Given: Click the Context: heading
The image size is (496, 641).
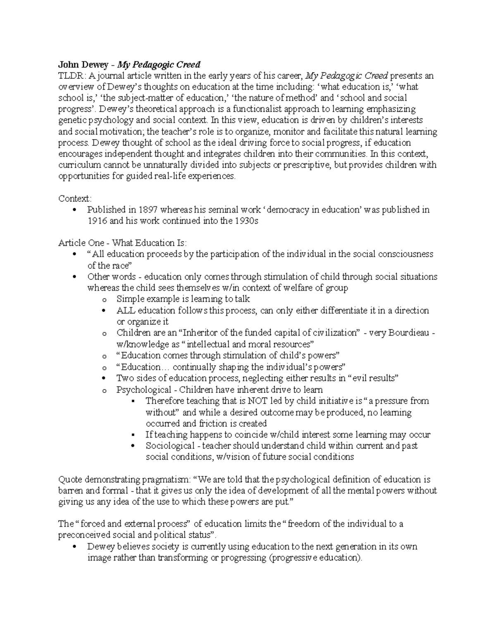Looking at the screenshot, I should click(75, 199).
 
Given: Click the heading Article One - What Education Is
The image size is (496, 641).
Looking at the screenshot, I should click(122, 243).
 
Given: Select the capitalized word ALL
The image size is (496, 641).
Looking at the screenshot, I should click(126, 310).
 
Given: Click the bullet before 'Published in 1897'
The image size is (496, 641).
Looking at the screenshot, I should click(75, 210).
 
